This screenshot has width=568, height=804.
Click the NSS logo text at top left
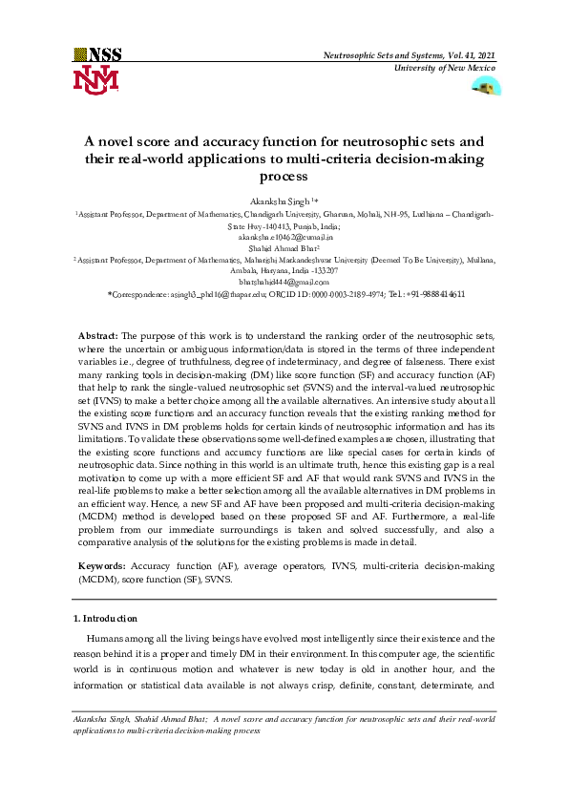97,55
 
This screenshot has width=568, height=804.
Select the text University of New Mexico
447,70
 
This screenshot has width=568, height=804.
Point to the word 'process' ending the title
284,177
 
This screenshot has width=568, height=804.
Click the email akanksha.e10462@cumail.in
284,237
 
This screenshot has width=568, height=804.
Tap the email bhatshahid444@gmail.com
284,282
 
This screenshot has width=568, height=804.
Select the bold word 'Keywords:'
100,566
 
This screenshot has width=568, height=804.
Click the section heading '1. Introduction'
105,619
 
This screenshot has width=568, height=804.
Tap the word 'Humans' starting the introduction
104,638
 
